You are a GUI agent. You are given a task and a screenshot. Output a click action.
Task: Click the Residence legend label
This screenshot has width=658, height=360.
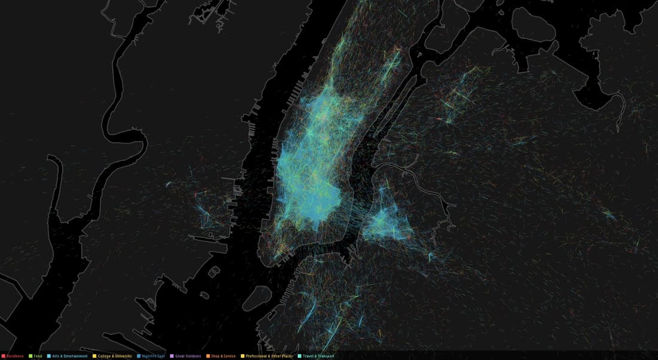click(x=15, y=356)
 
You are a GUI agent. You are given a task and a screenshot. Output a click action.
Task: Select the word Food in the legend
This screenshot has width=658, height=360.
click(x=38, y=356)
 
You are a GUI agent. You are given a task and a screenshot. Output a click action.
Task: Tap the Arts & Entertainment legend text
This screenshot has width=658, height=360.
click(x=69, y=356)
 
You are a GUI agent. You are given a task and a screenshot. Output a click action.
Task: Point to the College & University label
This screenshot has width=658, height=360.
click(x=116, y=356)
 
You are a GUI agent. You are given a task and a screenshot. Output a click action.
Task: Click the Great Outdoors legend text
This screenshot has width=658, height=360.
click(x=188, y=356)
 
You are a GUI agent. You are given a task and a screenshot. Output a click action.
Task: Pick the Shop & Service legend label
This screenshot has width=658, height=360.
click(x=223, y=356)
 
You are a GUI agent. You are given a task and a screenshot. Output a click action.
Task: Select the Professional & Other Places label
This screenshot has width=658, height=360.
click(x=269, y=356)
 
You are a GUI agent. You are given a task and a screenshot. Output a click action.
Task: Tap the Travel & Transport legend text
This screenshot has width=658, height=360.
click(x=320, y=356)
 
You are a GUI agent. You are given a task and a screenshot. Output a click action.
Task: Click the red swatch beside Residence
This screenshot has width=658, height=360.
click(x=3, y=356)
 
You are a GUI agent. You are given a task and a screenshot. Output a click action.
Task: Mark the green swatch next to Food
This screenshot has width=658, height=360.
click(x=30, y=356)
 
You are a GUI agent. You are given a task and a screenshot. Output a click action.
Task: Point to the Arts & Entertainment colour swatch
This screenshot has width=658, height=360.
click(x=48, y=356)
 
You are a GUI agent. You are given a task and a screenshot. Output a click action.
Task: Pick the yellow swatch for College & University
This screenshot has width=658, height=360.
click(x=95, y=356)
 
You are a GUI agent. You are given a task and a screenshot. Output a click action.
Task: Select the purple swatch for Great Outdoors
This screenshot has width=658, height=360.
click(x=172, y=356)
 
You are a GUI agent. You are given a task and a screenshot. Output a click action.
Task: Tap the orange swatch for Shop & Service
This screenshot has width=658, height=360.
click(x=208, y=356)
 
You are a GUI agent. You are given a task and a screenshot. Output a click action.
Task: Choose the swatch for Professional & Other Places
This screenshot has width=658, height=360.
click(x=242, y=356)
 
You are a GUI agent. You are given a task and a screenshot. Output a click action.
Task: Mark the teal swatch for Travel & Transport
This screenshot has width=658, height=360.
click(x=300, y=356)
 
